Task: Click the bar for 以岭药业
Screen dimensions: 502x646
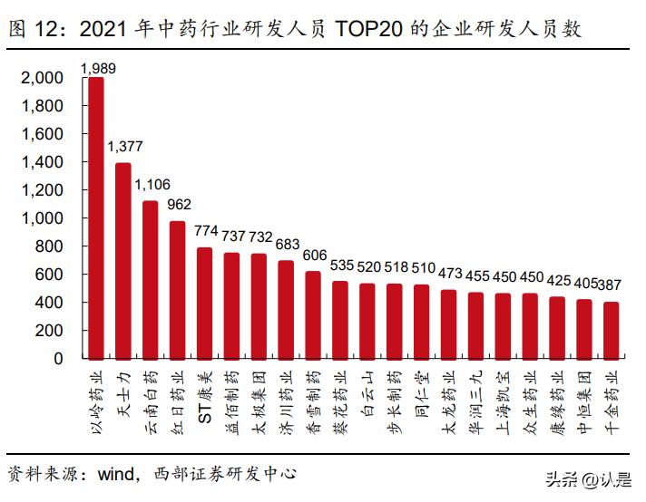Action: coord(95,217)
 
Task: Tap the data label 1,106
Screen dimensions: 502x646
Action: coord(151,185)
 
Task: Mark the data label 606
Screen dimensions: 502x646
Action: coord(313,256)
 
